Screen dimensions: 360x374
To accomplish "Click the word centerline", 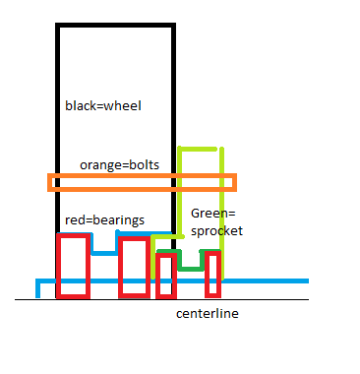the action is [x=208, y=314].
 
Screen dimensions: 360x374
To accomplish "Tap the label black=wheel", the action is [x=103, y=106].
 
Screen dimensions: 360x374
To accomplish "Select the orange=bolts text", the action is [x=120, y=164].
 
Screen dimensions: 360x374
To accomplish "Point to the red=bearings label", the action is [x=104, y=220].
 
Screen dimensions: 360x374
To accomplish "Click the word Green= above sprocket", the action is [x=213, y=214].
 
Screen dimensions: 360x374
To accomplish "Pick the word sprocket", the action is [x=216, y=231].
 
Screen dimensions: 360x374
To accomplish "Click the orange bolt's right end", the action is [x=235, y=182].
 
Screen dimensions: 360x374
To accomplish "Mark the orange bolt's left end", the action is [x=49, y=182].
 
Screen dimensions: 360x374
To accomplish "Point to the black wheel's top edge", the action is [x=115, y=26].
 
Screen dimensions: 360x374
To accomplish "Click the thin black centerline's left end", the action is [x=15, y=299].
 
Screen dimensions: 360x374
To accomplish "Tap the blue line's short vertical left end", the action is [x=37, y=288].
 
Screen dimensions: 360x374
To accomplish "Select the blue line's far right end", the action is [x=308, y=280].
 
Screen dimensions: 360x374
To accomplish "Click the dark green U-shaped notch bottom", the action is [x=191, y=270].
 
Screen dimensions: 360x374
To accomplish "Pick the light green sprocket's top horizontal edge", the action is [x=198, y=149].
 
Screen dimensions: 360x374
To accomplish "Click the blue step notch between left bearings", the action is [x=104, y=253].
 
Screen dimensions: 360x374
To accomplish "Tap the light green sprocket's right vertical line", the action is [x=222, y=214].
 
